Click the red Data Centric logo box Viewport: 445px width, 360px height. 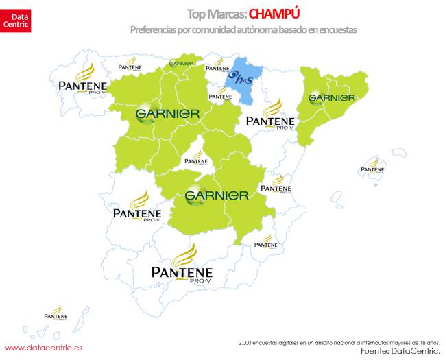coord(16,16)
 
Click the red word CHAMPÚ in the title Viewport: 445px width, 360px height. coord(276,14)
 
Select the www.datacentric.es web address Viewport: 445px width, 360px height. coord(43,348)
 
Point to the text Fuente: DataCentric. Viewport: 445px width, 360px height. coord(399,350)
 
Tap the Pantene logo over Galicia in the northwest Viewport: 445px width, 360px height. coord(81,81)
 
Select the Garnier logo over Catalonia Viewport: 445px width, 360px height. coord(332,97)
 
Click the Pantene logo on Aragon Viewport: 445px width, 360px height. coord(270,117)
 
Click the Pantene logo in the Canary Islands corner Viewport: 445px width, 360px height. coord(56,314)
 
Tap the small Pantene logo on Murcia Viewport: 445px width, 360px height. coord(265,241)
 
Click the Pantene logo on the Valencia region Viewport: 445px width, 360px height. coord(275,184)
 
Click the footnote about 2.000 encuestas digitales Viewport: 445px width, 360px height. coord(339,341)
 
